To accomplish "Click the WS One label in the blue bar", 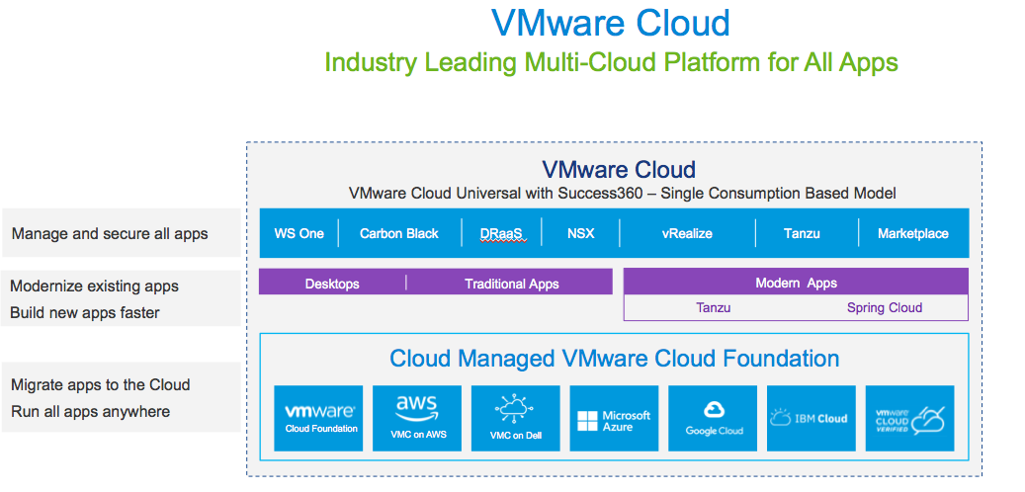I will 299,234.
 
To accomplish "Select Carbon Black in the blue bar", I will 398,234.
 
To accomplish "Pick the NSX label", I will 581,234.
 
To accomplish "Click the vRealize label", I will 687,234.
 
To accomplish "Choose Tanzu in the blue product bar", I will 802,234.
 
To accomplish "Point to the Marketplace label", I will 912,234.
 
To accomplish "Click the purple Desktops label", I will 332,284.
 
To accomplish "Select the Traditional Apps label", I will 511,284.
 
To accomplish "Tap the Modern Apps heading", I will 796,283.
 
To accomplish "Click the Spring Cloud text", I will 884,307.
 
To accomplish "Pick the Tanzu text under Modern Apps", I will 713,307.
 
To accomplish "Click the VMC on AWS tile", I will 417,418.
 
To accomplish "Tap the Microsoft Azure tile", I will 614,418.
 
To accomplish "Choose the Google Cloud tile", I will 714,418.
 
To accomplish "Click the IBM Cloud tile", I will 811,418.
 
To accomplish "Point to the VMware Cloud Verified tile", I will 909,418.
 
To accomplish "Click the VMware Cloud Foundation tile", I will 319,418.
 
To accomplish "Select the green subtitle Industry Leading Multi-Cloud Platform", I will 611,63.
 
